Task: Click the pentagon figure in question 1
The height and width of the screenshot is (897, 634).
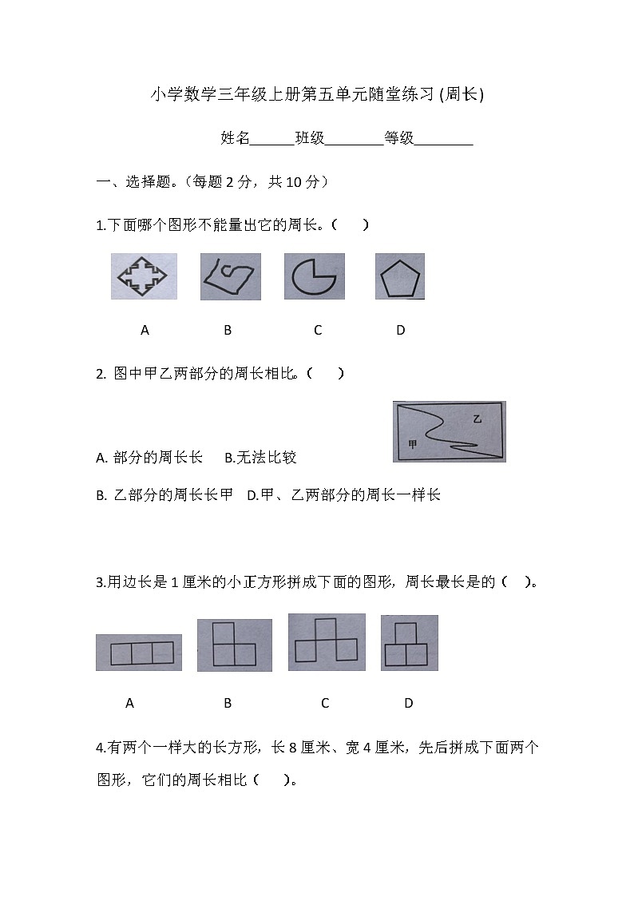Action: (x=399, y=277)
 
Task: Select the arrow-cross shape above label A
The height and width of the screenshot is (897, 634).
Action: (x=144, y=276)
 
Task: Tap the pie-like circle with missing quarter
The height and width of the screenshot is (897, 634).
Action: (x=314, y=276)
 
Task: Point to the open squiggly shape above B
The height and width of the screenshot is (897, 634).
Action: (x=230, y=276)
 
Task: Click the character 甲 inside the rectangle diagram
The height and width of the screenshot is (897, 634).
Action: (x=412, y=445)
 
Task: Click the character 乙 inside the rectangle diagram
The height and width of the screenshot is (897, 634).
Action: (x=477, y=419)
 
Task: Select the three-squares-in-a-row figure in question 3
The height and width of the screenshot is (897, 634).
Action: (x=138, y=653)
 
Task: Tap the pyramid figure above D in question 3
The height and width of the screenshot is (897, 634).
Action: (x=409, y=644)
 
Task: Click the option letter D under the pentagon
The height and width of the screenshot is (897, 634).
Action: (x=401, y=330)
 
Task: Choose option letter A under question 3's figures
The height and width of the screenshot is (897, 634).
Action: (x=130, y=704)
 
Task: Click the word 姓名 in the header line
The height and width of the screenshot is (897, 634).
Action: (x=236, y=138)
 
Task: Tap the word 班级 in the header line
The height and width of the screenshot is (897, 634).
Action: (x=310, y=138)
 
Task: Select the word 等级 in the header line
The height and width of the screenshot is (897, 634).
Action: (x=399, y=138)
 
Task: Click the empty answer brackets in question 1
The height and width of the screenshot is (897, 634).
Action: (x=351, y=225)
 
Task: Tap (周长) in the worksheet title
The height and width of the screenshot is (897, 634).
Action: (x=462, y=95)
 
